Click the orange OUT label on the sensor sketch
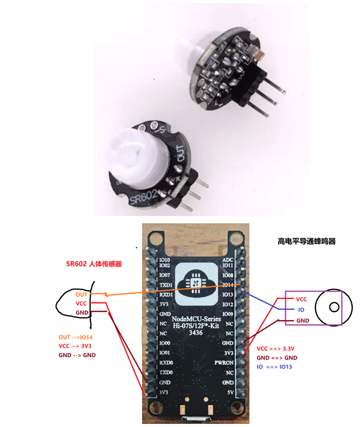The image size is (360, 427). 81,295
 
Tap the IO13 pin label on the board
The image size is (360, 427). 228,295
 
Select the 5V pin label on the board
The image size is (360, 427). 229,393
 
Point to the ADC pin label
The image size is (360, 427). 228,260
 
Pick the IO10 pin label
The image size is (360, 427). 165,260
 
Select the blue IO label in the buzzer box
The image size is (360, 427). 302,310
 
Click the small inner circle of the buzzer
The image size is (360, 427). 334,307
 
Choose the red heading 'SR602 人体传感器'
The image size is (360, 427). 97,264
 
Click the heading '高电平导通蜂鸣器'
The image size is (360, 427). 306,241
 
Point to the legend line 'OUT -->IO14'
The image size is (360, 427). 76,337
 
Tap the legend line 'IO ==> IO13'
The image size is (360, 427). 278,367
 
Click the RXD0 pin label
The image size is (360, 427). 166,363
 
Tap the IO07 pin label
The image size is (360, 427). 165,275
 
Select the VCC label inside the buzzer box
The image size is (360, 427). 302,299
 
